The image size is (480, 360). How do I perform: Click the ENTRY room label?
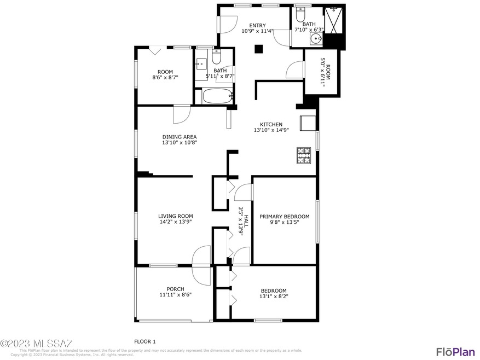coord(257,25)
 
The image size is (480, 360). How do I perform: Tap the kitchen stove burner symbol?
coord(303,155)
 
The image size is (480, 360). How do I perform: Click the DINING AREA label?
coord(179,137)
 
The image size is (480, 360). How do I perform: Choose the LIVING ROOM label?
coord(176,216)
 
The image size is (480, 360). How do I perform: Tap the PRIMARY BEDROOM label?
coord(284,216)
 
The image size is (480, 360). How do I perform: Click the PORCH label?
coord(175,289)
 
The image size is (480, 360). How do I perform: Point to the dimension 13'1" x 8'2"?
coord(273,297)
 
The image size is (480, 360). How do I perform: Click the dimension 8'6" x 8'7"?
coord(165,78)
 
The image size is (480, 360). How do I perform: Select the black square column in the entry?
coord(259,49)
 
